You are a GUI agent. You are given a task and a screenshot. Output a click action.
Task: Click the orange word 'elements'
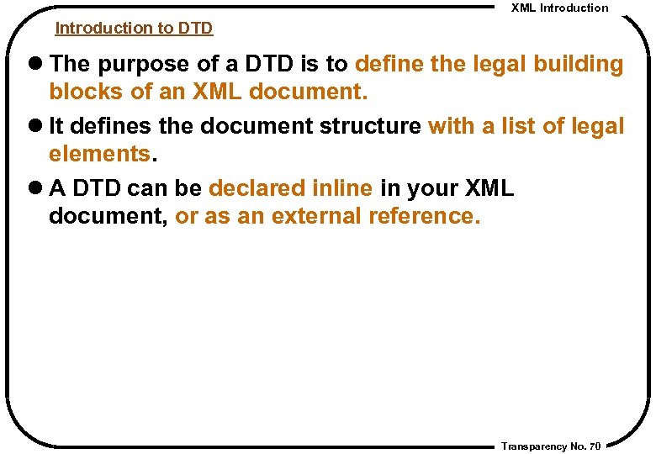pyautogui.click(x=98, y=154)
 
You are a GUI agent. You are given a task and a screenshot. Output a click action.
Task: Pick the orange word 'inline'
pyautogui.click(x=341, y=188)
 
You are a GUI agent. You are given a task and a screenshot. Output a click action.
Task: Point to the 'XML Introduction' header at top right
pyautogui.click(x=559, y=8)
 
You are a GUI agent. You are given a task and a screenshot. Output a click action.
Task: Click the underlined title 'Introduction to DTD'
pyautogui.click(x=134, y=28)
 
